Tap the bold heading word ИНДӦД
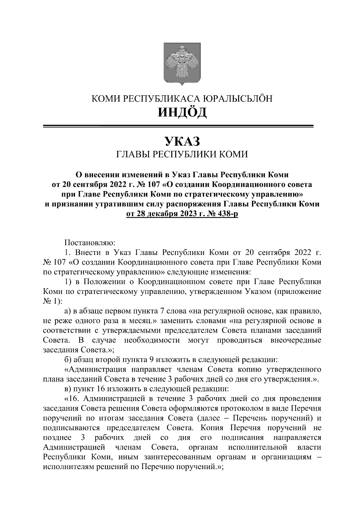point(182,113)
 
